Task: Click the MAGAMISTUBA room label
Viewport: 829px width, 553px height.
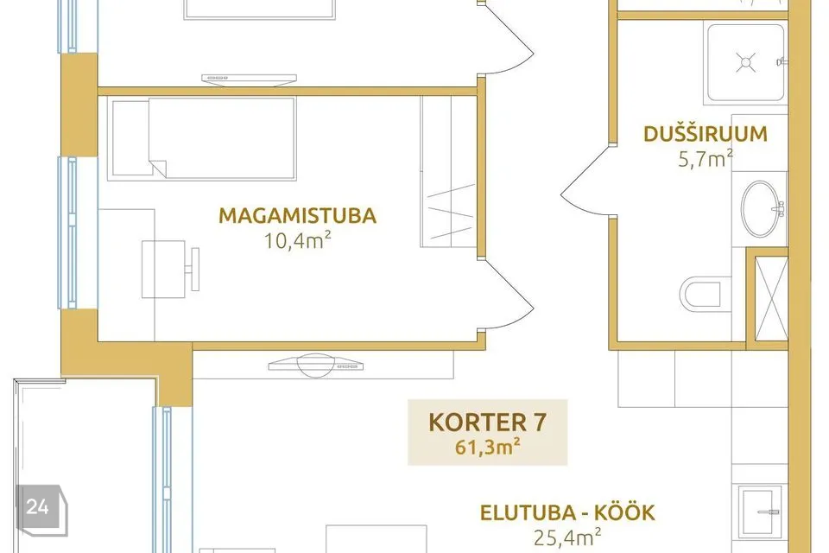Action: click(x=298, y=216)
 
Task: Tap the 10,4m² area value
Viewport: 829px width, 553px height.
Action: click(x=298, y=241)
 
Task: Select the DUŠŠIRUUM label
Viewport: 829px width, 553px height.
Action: click(x=706, y=134)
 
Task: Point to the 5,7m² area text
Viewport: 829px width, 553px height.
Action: click(x=706, y=159)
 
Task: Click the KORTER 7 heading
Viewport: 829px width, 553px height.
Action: click(x=487, y=423)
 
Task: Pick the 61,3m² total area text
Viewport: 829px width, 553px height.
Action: click(x=487, y=448)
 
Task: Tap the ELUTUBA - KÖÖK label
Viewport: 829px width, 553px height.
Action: click(x=567, y=512)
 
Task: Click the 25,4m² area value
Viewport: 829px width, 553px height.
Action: click(x=567, y=537)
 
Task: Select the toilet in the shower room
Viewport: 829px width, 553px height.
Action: click(x=700, y=295)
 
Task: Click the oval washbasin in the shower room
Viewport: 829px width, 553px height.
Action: click(x=762, y=208)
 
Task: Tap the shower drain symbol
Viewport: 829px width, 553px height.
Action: click(x=745, y=62)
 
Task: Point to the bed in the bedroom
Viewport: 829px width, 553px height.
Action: click(x=201, y=138)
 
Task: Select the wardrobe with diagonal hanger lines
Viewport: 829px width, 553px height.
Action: click(x=449, y=171)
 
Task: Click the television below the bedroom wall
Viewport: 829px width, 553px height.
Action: click(x=315, y=365)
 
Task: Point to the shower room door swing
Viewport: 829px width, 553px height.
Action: click(x=585, y=182)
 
